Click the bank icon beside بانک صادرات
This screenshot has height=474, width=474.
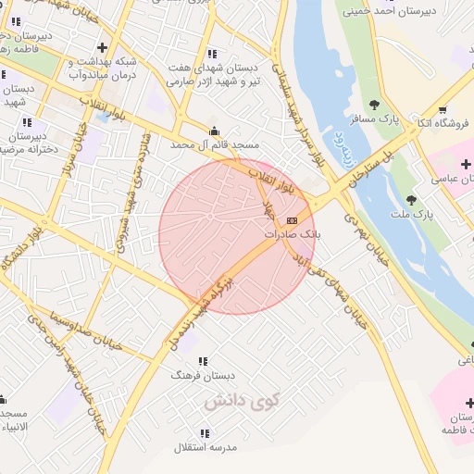click(293, 220)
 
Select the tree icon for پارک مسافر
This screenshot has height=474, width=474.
click(374, 105)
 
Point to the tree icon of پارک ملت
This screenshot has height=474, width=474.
click(411, 200)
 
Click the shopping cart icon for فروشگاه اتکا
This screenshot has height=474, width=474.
click(443, 110)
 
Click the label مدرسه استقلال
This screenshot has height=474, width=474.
click(206, 447)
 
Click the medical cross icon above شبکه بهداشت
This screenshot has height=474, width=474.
click(101, 46)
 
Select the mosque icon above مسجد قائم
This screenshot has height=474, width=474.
click(215, 131)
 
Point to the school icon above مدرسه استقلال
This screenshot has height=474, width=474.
click(205, 433)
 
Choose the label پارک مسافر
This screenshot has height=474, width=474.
click(373, 119)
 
